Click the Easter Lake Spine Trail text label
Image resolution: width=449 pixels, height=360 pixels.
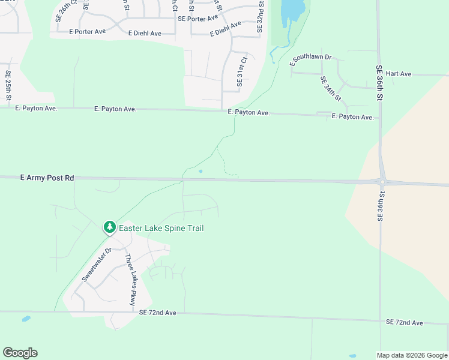pos(161,228)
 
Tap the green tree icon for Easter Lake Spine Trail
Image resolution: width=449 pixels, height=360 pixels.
pos(109,227)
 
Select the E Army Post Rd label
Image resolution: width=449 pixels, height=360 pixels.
pos(47,178)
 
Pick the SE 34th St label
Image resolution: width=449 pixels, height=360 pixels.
pos(331,88)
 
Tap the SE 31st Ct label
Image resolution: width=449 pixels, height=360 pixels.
pos(242,72)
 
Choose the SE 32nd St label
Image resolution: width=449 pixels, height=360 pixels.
pos(261,17)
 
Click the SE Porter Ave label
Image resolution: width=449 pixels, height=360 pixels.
pos(197,19)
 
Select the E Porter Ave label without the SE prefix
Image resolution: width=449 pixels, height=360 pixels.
pos(88,31)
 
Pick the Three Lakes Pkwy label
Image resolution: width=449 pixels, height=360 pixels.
pos(130,280)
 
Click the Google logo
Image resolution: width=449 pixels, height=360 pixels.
pos(20,353)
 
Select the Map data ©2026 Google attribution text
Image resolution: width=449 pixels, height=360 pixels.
pos(412,355)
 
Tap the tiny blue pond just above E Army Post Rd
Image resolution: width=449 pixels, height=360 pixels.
pos(200,171)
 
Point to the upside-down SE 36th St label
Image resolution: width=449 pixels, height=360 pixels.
pos(381,206)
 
